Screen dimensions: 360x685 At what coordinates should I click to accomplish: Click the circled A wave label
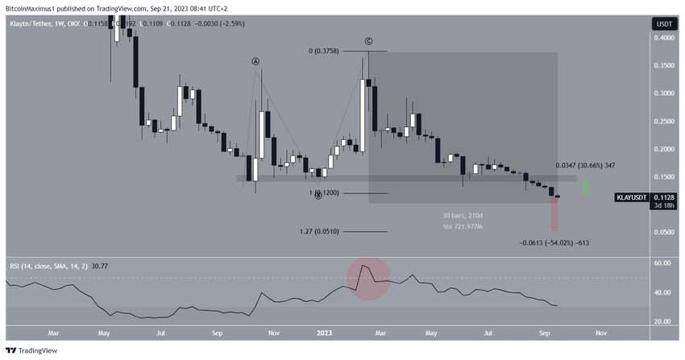coord(255,61)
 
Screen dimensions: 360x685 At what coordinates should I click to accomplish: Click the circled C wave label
coord(368,40)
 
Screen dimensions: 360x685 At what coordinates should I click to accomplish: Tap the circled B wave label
coord(318,195)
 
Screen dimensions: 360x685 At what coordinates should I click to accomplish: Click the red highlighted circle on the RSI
coord(369,277)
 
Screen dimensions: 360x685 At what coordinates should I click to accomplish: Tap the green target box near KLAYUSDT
coord(587,187)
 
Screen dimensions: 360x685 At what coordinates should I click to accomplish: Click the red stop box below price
coord(554,215)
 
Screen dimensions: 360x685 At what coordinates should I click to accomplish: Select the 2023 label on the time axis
coord(324,331)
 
